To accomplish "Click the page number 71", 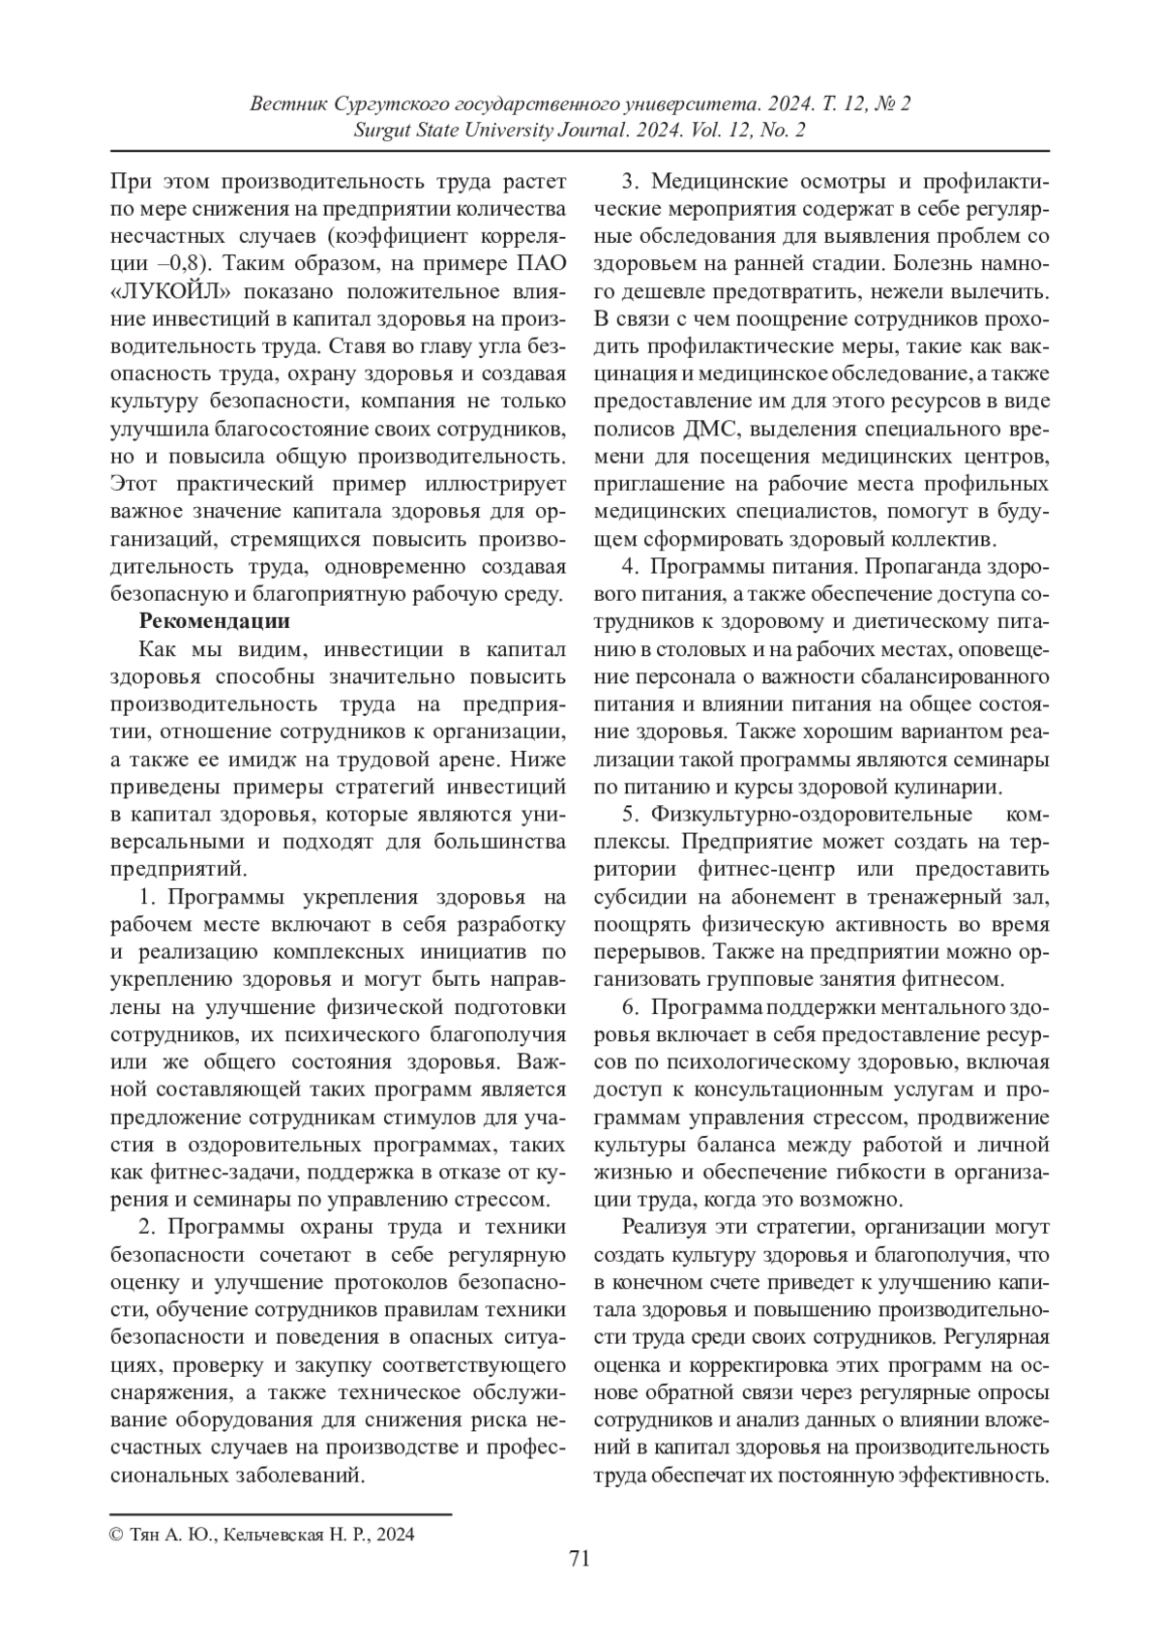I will [580, 1557].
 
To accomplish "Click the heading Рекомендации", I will [214, 620].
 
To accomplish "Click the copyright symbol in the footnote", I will [116, 1534].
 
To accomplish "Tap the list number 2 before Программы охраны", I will [147, 1228].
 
